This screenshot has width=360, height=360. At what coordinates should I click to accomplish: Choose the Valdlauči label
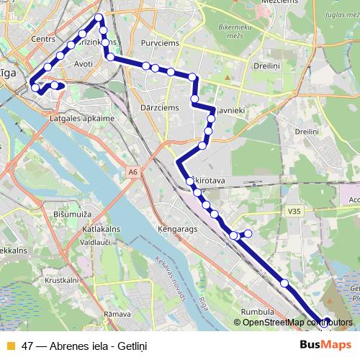click(x=94, y=243)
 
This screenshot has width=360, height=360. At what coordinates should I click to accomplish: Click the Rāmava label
click(x=116, y=314)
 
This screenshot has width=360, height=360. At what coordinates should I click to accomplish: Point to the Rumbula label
click(x=256, y=311)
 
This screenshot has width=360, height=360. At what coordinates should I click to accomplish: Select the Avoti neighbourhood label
click(x=84, y=64)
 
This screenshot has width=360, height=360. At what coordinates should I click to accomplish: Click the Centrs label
click(x=43, y=39)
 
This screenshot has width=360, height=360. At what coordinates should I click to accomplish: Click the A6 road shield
click(x=132, y=172)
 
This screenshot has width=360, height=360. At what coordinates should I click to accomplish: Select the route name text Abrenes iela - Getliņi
click(x=94, y=346)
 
